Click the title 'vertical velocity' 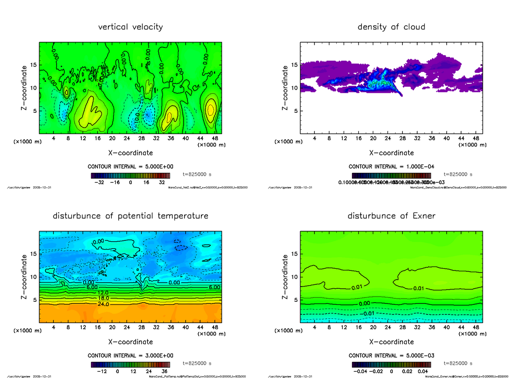[x=130, y=27]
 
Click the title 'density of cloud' [x=391, y=27]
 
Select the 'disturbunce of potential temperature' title [x=130, y=216]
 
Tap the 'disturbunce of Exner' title [x=391, y=216]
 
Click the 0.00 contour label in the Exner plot [x=365, y=303]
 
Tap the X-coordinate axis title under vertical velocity [x=130, y=153]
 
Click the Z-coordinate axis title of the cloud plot [x=285, y=88]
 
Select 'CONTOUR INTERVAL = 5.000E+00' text [x=130, y=167]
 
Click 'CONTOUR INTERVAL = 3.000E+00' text [x=130, y=355]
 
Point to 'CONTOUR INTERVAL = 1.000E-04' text [x=391, y=167]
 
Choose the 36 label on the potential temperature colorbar [x=164, y=372]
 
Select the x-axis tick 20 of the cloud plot [x=373, y=138]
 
